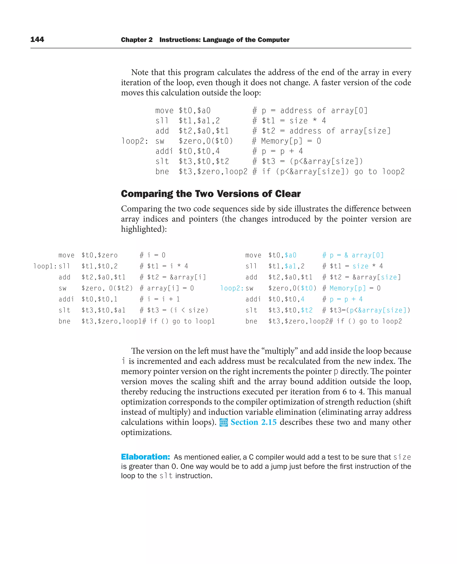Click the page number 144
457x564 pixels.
click(37, 40)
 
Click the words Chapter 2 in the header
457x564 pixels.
click(137, 40)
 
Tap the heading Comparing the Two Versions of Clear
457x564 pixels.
click(211, 194)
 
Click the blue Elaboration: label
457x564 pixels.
click(145, 457)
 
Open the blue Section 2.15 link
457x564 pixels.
click(253, 422)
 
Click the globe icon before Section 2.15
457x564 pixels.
click(224, 422)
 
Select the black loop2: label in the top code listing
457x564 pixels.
click(135, 141)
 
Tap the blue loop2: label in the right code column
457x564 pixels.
click(232, 288)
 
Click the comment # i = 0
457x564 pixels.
click(152, 255)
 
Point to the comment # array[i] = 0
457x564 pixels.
click(167, 288)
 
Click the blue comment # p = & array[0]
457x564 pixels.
click(353, 255)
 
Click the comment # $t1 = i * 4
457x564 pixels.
click(164, 266)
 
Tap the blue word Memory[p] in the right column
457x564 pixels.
click(347, 288)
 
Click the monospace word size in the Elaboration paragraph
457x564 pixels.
click(402, 457)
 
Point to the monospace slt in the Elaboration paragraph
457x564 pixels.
click(166, 476)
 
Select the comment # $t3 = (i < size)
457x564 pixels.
click(174, 310)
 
